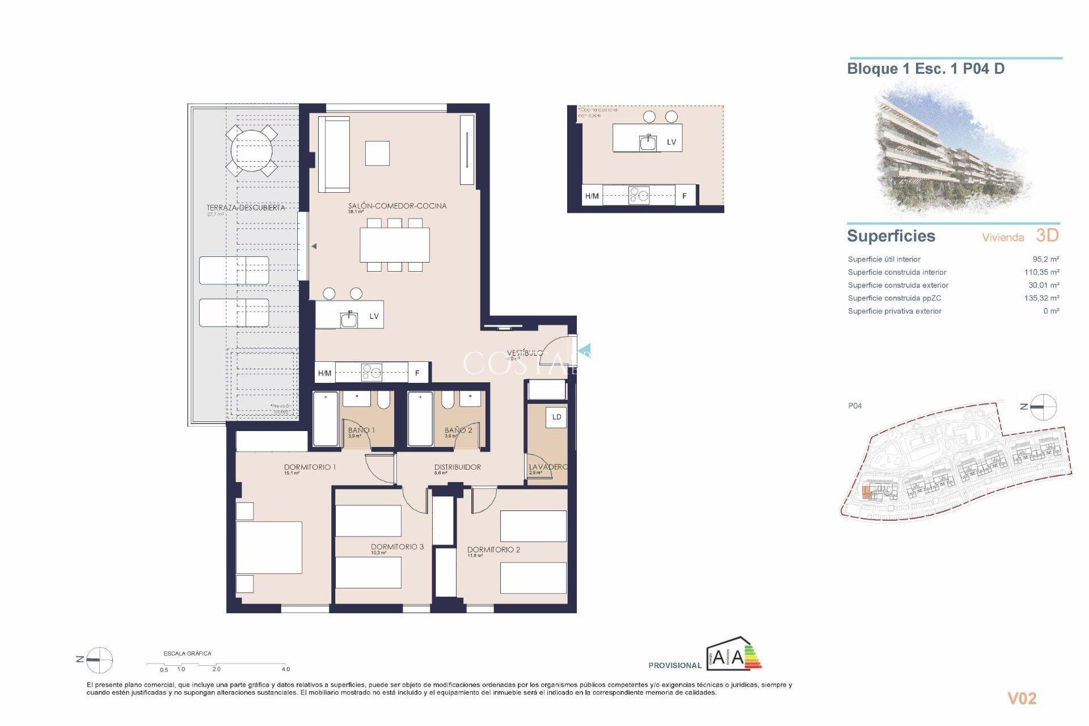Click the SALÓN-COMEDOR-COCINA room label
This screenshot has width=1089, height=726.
pos(397,206)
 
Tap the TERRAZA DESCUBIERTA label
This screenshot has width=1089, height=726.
pos(246,208)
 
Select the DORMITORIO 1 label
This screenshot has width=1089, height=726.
pos(310,467)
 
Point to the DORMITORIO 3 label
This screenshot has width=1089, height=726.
pos(397,547)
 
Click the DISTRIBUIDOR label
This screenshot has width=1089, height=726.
pos(457,467)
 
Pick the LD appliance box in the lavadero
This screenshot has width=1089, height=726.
pos(556,417)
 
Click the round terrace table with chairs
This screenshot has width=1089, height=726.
pos(251,151)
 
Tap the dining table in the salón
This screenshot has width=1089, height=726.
pos(394,244)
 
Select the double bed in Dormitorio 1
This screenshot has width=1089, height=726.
pos(269,547)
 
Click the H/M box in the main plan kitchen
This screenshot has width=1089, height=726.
pos(324,373)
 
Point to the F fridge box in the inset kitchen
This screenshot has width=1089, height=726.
pos(685,196)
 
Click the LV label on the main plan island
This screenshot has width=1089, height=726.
pos(374,316)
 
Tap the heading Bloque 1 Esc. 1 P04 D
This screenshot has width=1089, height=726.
pos(926,69)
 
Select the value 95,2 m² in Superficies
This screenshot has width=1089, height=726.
pos(1045,259)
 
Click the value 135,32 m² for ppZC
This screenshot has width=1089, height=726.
pos(1041,298)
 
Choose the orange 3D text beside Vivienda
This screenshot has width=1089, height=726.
pos(1047,235)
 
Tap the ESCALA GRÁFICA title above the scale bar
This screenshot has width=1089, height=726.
pos(187,653)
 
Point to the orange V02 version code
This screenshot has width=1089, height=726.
pos(1022,698)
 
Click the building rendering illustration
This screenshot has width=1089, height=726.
pos(950,150)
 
